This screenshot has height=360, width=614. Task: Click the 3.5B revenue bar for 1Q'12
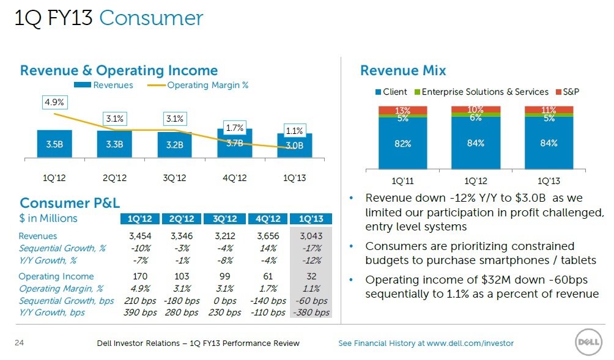tap(54, 144)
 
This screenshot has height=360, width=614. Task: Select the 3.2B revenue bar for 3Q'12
tap(175, 144)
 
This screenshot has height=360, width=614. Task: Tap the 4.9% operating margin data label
tap(54, 102)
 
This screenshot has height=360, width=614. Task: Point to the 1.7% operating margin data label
tap(235, 128)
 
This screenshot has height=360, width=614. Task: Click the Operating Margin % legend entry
tap(198, 86)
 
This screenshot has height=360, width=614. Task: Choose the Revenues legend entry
tap(103, 86)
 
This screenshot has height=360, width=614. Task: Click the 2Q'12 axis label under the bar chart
tap(114, 178)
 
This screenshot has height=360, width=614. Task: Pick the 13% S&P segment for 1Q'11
tap(402, 110)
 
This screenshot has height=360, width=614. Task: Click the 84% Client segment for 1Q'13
tap(549, 143)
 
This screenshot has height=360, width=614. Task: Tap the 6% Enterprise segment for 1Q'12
tap(476, 115)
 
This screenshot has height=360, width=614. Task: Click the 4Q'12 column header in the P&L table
tap(268, 219)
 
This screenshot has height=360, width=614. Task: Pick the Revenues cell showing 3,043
tap(311, 236)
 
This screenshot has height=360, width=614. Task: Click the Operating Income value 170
tap(140, 276)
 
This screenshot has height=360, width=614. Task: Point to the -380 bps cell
tap(311, 313)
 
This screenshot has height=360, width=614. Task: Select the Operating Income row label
tap(56, 276)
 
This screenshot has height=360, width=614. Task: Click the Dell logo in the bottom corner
tap(588, 342)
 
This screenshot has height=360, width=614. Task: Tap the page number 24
tap(19, 343)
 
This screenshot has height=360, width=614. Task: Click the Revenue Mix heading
tap(403, 70)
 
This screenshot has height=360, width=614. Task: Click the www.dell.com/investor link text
tap(470, 343)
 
